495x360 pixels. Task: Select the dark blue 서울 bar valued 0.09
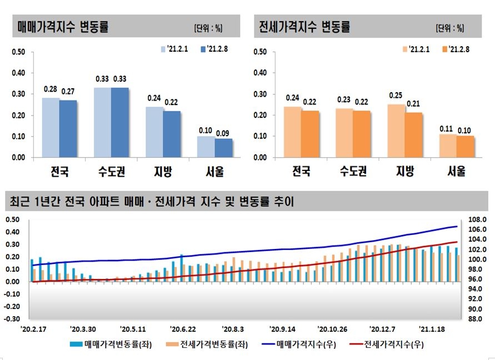tap(224, 148)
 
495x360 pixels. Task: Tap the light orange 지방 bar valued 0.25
tap(396, 131)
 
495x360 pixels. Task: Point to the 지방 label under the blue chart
tap(162, 172)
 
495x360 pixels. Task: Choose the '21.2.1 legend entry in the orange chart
tap(417, 49)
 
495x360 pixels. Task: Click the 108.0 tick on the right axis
tap(479, 219)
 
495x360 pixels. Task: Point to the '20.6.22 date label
tap(183, 329)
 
